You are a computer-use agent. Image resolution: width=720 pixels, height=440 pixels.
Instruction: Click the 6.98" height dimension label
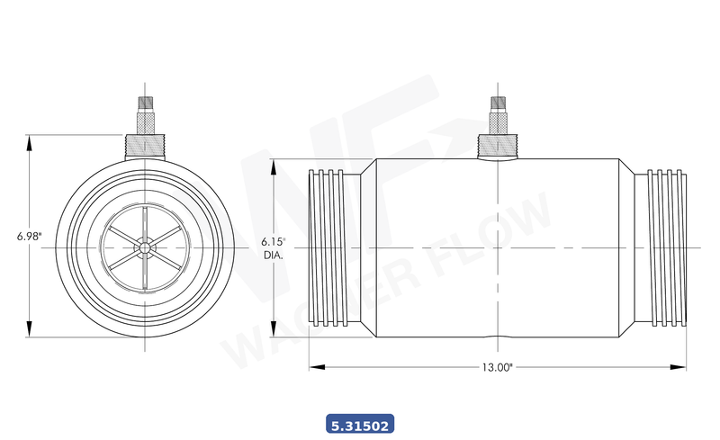(x=28, y=237)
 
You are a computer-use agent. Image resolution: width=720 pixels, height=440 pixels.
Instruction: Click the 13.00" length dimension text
(x=497, y=367)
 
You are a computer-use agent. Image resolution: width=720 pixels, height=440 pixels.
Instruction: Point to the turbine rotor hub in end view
(x=144, y=247)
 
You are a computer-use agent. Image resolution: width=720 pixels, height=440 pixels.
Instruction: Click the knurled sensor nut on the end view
(x=144, y=144)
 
